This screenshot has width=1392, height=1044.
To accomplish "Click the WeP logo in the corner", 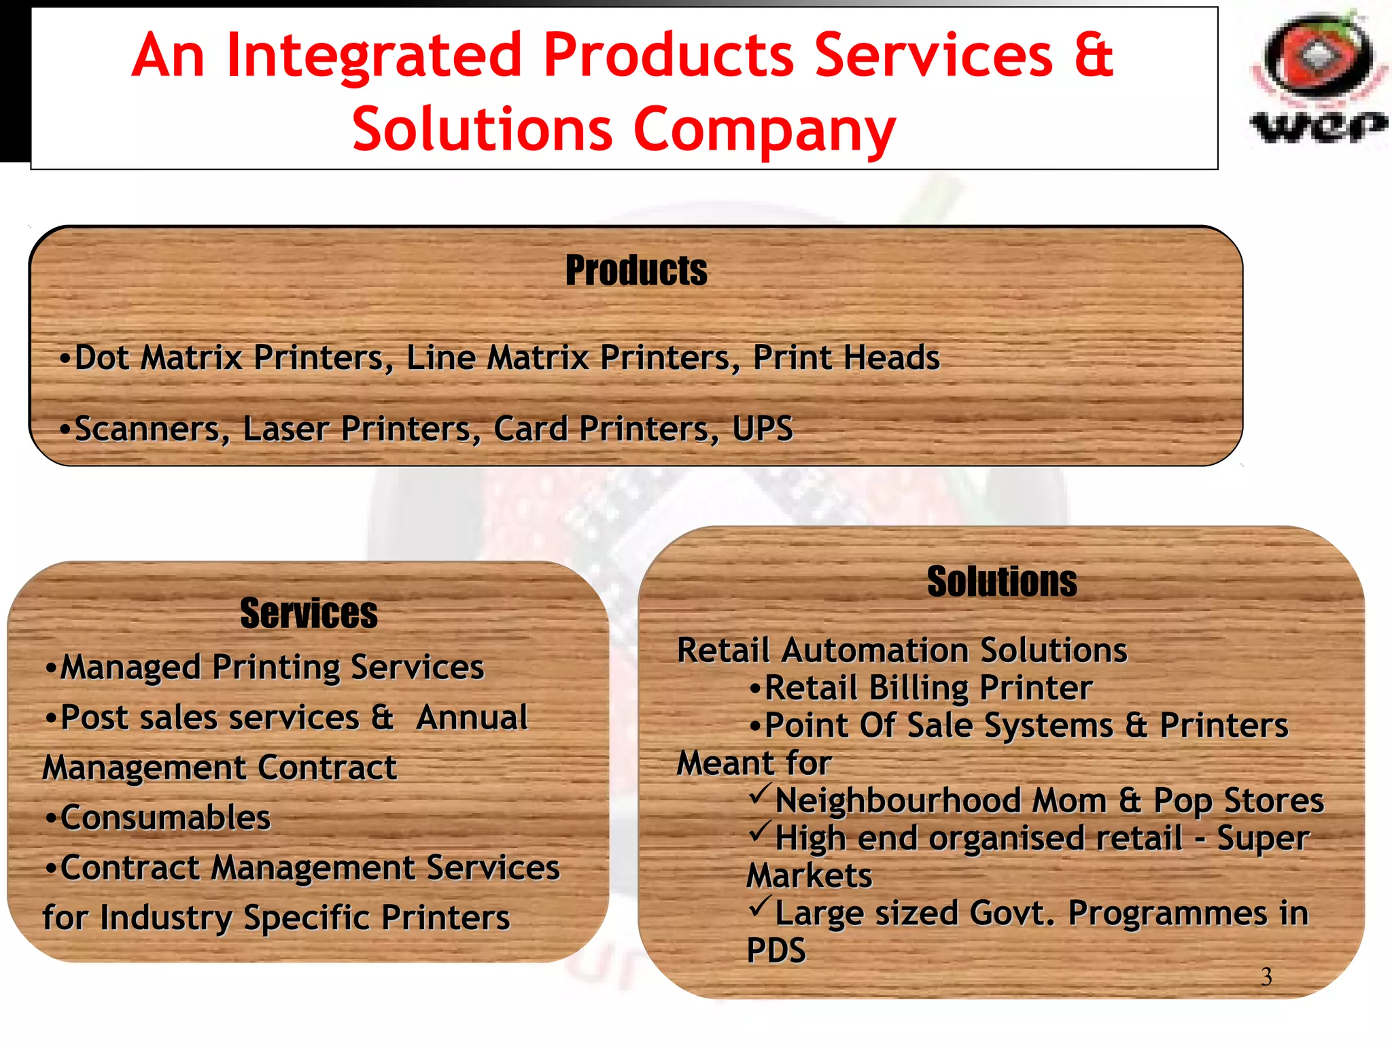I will [1318, 78].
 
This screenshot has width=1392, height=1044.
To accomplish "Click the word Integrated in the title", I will [374, 56].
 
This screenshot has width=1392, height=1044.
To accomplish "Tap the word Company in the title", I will [764, 130].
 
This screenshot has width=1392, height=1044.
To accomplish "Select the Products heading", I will [636, 271].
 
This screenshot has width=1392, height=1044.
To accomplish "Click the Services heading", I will [309, 613].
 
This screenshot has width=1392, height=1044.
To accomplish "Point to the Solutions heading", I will [1002, 582].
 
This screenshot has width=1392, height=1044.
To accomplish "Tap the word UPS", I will [763, 429].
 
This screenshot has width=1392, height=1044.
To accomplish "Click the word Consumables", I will [165, 818].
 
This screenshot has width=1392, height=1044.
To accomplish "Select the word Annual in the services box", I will [472, 718].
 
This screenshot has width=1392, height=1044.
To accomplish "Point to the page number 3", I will [1266, 977].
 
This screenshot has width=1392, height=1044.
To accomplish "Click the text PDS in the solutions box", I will [776, 950].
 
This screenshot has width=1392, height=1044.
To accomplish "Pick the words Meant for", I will [754, 763].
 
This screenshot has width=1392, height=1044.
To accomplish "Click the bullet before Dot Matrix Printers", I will [65, 358].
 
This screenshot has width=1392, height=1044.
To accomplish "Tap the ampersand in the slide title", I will [1093, 56].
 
